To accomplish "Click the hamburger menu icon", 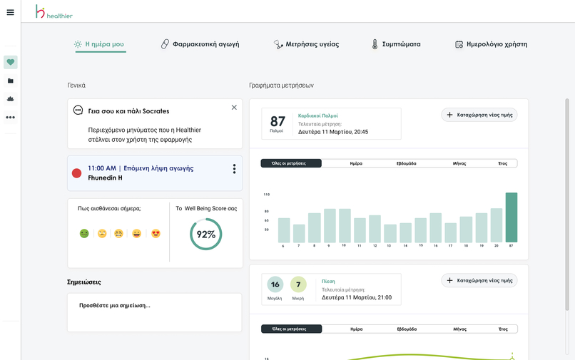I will tap(10, 12).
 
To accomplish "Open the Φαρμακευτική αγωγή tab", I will tap(200, 44).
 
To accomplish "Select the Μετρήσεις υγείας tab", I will tap(306, 44).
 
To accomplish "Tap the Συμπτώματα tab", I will tap(395, 44).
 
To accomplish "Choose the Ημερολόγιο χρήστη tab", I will tap(491, 44).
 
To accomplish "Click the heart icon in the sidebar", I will tap(10, 63).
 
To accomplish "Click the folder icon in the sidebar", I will tap(10, 81).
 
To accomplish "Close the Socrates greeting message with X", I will tap(234, 108).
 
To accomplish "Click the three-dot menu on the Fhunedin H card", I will tap(234, 169).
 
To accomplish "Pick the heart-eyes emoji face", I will tap(156, 233).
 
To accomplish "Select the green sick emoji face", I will tap(84, 233).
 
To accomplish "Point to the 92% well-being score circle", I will tap(206, 235).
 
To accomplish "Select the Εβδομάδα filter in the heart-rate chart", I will tap(406, 163).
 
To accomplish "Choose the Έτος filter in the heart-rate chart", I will tap(502, 163).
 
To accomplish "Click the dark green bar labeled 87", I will tap(511, 217).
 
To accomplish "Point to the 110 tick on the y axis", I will tap(267, 194).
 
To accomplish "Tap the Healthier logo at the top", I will tap(54, 11).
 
